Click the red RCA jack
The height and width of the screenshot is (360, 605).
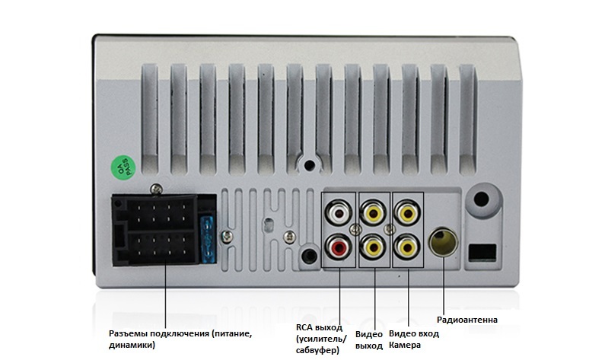pos(339,246)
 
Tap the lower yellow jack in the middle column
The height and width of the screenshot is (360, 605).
pos(373,246)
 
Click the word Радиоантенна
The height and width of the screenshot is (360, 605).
pos(467,320)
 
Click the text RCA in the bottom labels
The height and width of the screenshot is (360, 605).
pos(305,327)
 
